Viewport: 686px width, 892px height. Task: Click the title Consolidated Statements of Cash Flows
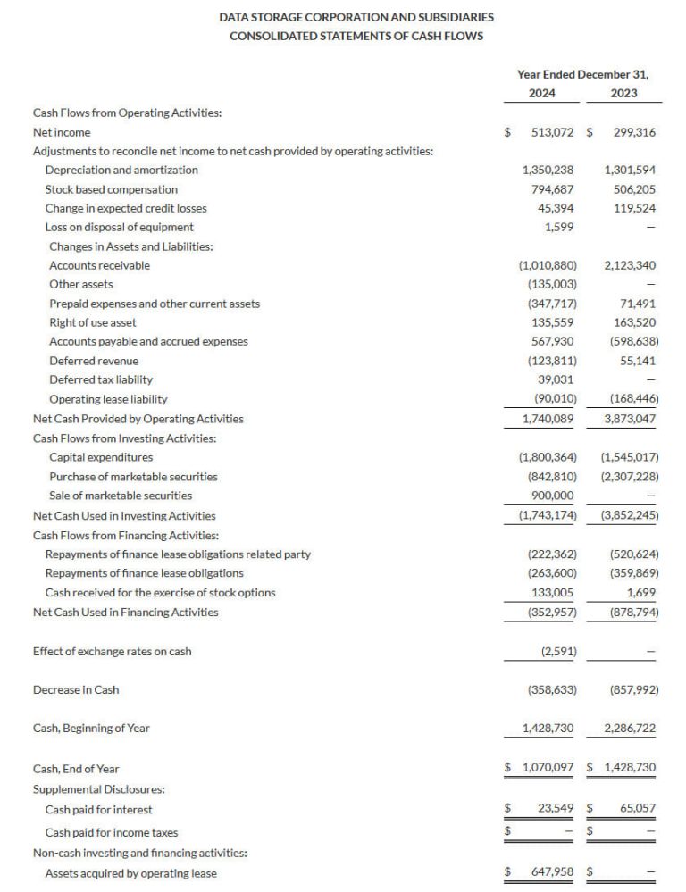tap(356, 36)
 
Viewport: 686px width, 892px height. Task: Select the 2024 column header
tap(540, 92)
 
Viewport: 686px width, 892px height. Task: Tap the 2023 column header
tap(623, 92)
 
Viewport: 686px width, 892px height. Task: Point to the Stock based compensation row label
tap(112, 189)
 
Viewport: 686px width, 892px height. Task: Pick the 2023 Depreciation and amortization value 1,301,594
tap(630, 170)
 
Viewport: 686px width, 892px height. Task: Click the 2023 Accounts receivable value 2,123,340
tap(630, 265)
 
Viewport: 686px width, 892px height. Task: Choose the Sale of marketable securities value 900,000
tap(553, 496)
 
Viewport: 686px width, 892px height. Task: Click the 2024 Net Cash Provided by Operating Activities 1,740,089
tap(548, 418)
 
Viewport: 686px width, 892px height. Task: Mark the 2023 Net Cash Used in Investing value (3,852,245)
tap(630, 515)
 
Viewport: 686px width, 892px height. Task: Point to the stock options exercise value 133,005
tap(553, 593)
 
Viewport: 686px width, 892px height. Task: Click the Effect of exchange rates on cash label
tap(112, 651)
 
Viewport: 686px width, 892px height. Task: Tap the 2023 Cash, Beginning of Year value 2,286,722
tap(630, 729)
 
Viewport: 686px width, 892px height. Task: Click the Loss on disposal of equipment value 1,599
tap(559, 227)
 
